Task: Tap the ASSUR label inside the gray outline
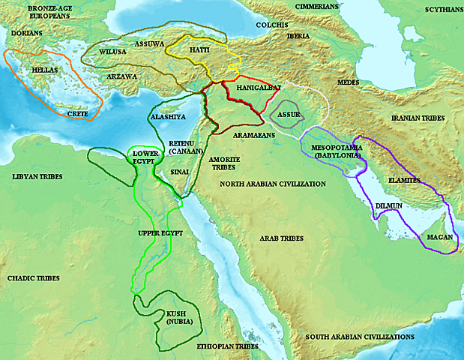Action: (x=289, y=114)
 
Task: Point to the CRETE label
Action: (x=77, y=114)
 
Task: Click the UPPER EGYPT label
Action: (x=161, y=233)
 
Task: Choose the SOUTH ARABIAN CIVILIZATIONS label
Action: (x=360, y=337)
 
